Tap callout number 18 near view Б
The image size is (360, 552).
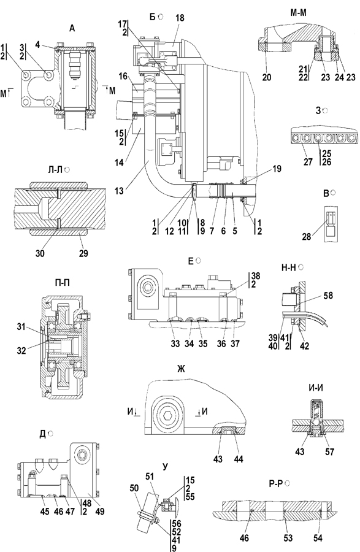[180, 18]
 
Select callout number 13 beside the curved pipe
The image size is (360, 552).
[120, 191]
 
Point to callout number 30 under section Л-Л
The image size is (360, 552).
[40, 253]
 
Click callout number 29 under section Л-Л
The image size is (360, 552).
[83, 253]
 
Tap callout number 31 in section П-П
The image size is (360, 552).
[21, 327]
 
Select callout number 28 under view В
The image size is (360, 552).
[307, 237]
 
